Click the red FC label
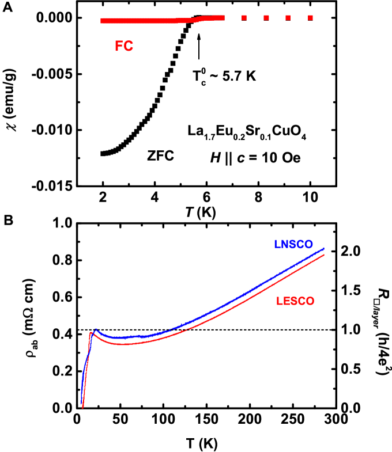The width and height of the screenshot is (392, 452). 124,47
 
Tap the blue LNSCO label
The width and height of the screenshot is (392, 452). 293,244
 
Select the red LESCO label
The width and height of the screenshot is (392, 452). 295,301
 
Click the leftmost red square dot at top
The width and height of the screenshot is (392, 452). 244,18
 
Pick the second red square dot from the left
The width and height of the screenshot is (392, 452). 266,18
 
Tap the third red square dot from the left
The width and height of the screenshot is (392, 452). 288,18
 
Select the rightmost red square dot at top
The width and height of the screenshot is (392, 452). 310,18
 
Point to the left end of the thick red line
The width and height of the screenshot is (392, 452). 101,21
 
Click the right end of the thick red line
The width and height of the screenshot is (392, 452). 223,18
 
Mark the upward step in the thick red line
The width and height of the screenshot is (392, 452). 196,20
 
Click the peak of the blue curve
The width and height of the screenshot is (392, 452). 96,329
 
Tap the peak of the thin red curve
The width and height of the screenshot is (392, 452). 91,333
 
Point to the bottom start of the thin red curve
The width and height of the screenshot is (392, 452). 83,408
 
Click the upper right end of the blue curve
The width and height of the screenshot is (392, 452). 324,249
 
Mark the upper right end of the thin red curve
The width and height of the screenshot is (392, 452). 324,255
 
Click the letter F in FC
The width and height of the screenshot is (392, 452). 119,47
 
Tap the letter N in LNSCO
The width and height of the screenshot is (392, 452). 284,244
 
